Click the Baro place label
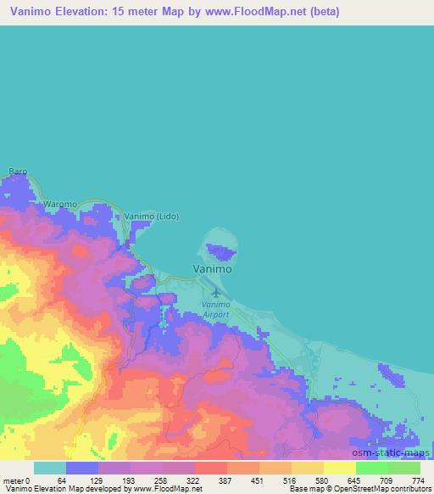click(18, 171)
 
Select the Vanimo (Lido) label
click(145, 217)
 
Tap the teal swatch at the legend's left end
click(50, 468)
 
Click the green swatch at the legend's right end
click(404, 468)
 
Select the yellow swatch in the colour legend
click(340, 468)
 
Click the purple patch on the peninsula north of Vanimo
click(224, 250)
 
